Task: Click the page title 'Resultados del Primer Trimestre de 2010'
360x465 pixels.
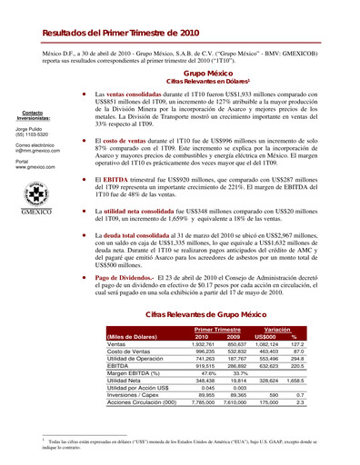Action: click(x=120, y=32)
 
